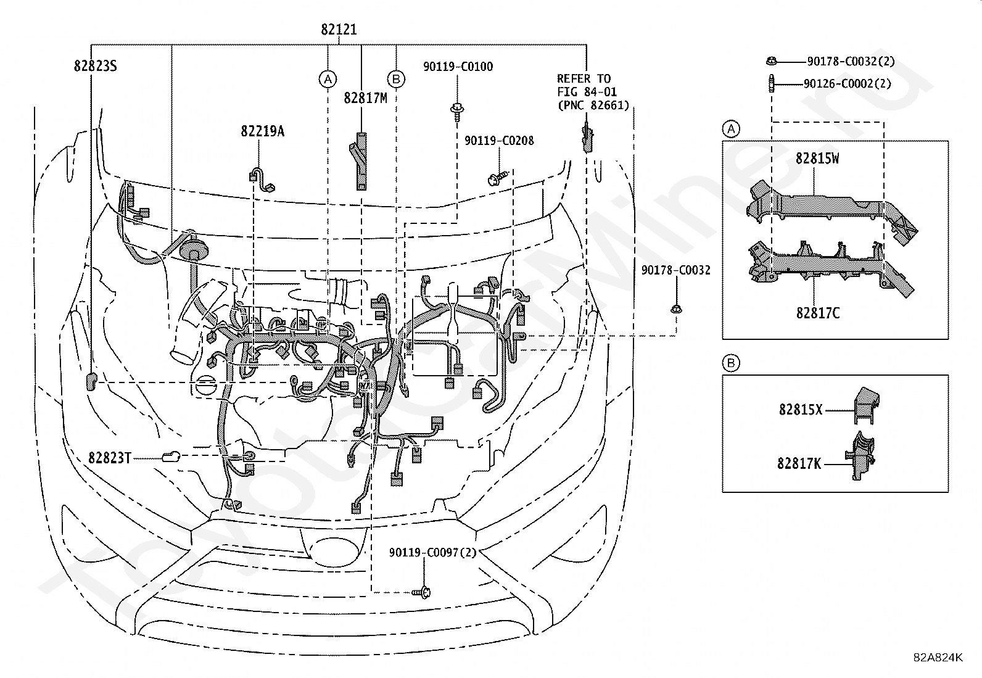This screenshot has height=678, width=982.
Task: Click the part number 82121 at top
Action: tap(339, 30)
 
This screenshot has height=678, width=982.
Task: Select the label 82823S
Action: tap(95, 66)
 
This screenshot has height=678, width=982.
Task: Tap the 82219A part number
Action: tap(262, 131)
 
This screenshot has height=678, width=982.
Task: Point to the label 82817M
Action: tap(365, 98)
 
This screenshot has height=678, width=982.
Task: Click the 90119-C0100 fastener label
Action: tap(458, 67)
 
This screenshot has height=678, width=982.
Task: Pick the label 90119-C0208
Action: tap(499, 141)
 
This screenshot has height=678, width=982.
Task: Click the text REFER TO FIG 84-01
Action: tap(587, 85)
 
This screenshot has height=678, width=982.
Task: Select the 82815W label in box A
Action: tap(817, 159)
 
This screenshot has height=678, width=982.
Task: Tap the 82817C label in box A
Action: tap(817, 313)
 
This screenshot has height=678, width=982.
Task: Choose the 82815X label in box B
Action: tap(801, 410)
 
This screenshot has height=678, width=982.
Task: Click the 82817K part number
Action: tap(799, 463)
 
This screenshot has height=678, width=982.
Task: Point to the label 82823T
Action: tap(110, 458)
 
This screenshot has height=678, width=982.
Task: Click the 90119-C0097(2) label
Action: tap(432, 553)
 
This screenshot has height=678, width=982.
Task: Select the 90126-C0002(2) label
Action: tap(847, 83)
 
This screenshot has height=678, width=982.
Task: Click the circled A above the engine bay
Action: tap(328, 80)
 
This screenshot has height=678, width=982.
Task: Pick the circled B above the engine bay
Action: tap(396, 80)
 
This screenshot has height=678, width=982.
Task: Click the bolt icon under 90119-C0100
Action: tap(457, 111)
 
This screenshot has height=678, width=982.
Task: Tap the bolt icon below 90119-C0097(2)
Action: tap(422, 592)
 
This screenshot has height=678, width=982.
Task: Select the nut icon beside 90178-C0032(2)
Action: tap(772, 62)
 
